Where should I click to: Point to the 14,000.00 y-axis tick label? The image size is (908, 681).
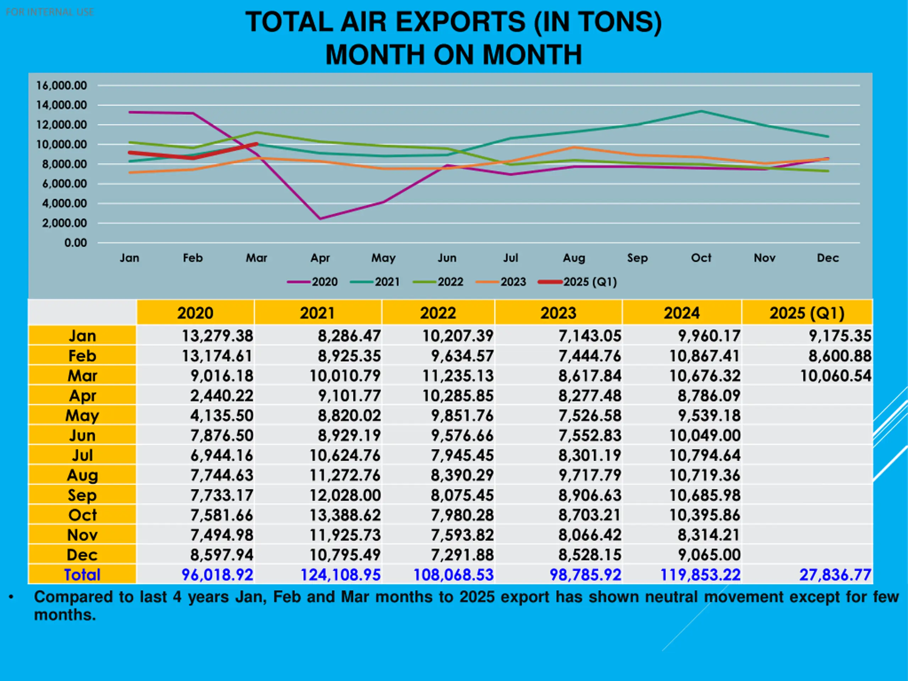(x=62, y=105)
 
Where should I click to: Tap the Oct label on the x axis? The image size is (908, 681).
(x=701, y=258)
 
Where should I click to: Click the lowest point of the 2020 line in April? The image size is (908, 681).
(x=320, y=219)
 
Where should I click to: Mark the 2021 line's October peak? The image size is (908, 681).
(x=701, y=111)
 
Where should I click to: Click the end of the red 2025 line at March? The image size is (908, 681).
(x=256, y=144)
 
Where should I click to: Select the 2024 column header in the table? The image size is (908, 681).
(x=682, y=313)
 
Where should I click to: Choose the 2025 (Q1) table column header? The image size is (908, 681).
(x=807, y=313)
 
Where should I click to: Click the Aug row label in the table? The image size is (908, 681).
(x=82, y=475)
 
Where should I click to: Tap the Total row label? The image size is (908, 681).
(x=82, y=575)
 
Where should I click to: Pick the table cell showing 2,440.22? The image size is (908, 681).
(x=222, y=396)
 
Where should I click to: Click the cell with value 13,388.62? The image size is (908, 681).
(x=345, y=515)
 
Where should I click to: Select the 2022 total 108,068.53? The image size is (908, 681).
(x=453, y=575)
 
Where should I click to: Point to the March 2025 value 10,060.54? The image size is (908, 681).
(x=835, y=376)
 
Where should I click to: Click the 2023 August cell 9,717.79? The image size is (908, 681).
(x=589, y=475)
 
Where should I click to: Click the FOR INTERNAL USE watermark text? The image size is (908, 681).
(x=50, y=12)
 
